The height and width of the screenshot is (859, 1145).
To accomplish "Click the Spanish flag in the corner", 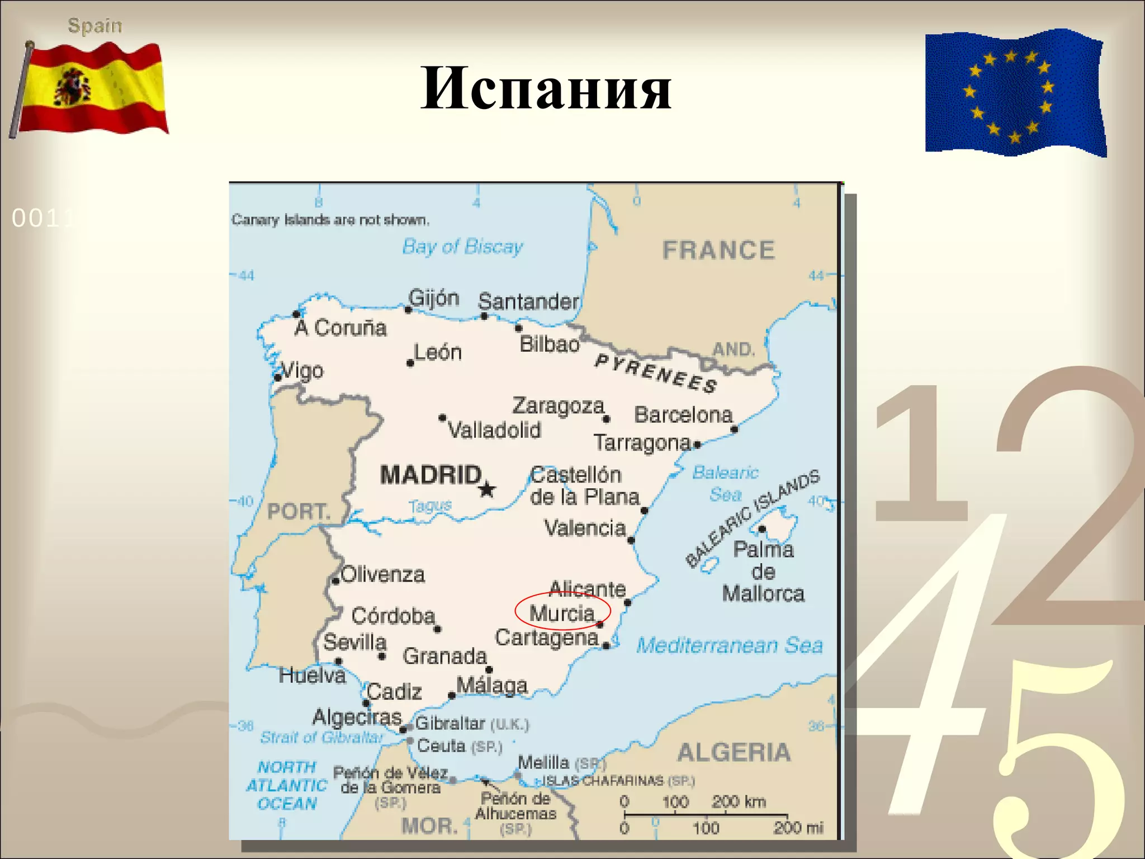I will click(89, 89).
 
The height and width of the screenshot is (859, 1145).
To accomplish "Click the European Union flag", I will click(1015, 92).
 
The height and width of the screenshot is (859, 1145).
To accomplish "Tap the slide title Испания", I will click(546, 88).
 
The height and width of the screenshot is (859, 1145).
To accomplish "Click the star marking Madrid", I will click(487, 489).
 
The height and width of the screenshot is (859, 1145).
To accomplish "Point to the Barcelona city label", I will click(683, 415).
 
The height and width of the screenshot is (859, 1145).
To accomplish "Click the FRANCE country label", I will click(718, 250).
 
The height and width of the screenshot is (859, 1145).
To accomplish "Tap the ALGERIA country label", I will click(734, 752).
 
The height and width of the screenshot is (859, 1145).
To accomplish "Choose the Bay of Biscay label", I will click(462, 247).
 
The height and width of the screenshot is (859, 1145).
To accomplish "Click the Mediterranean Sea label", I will click(730, 645).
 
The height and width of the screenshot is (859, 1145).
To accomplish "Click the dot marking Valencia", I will click(631, 540).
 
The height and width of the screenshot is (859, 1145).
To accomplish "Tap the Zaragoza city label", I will click(558, 406).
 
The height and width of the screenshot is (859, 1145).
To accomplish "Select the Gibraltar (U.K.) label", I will click(471, 724).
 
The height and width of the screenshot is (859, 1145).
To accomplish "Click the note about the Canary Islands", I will click(330, 220).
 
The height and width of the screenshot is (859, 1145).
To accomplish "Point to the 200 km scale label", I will click(738, 801).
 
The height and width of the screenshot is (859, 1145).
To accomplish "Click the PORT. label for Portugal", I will click(298, 511).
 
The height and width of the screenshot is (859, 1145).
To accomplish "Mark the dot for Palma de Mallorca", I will click(762, 529).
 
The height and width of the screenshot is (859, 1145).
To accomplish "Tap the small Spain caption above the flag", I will click(94, 26).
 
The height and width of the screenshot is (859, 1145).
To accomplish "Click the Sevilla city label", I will click(355, 642).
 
